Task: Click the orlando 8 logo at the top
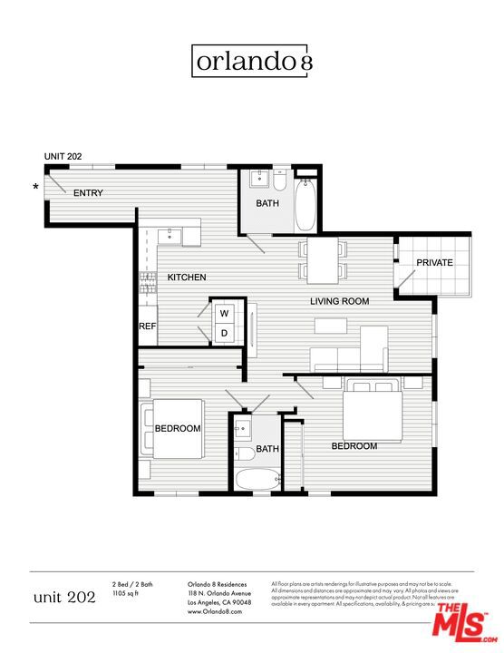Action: click(253, 61)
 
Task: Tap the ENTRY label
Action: click(88, 193)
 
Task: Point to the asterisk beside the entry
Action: click(36, 188)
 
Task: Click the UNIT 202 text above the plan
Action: click(63, 157)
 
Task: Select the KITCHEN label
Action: click(187, 278)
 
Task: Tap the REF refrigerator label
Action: click(147, 326)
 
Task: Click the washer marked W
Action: click(223, 314)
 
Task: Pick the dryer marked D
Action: click(223, 334)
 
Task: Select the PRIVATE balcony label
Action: click(434, 263)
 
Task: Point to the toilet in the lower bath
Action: click(244, 453)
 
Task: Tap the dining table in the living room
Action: click(322, 259)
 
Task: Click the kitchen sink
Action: click(170, 236)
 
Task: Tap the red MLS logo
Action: click(460, 626)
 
